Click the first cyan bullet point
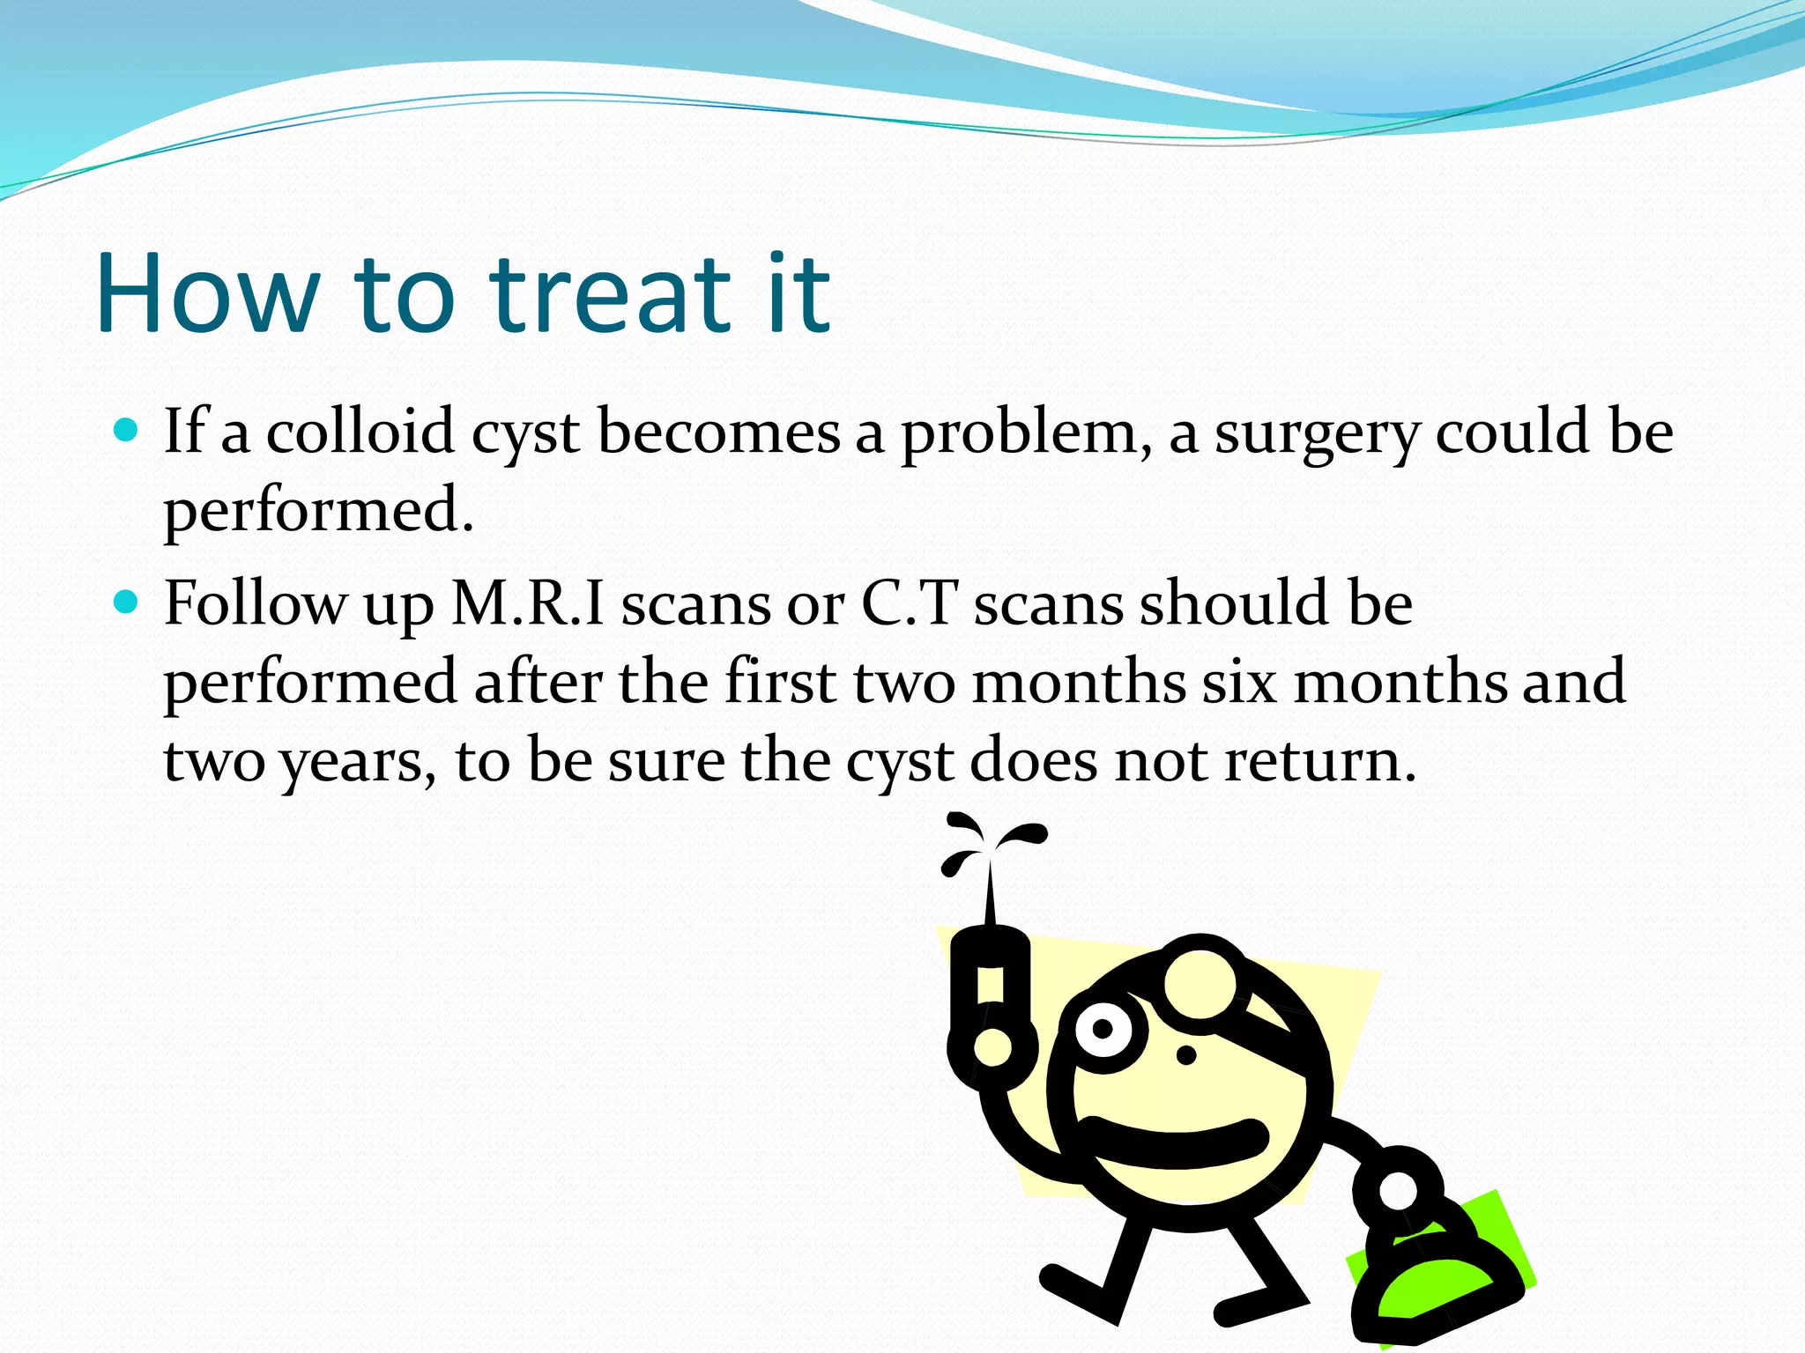coord(127,431)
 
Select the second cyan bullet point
coord(127,603)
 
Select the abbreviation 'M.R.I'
coord(528,603)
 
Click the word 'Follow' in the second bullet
coord(256,603)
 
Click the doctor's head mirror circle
coord(1202,984)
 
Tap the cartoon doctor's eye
coord(1103,1029)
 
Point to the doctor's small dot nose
coord(1186,1054)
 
